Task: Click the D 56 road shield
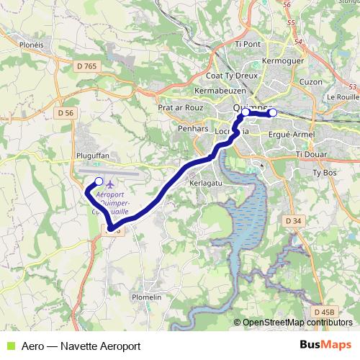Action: pyautogui.click(x=66, y=113)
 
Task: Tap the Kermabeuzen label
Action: pyautogui.click(x=220, y=91)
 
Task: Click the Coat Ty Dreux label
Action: pyautogui.click(x=227, y=75)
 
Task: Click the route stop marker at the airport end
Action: pyautogui.click(x=99, y=181)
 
